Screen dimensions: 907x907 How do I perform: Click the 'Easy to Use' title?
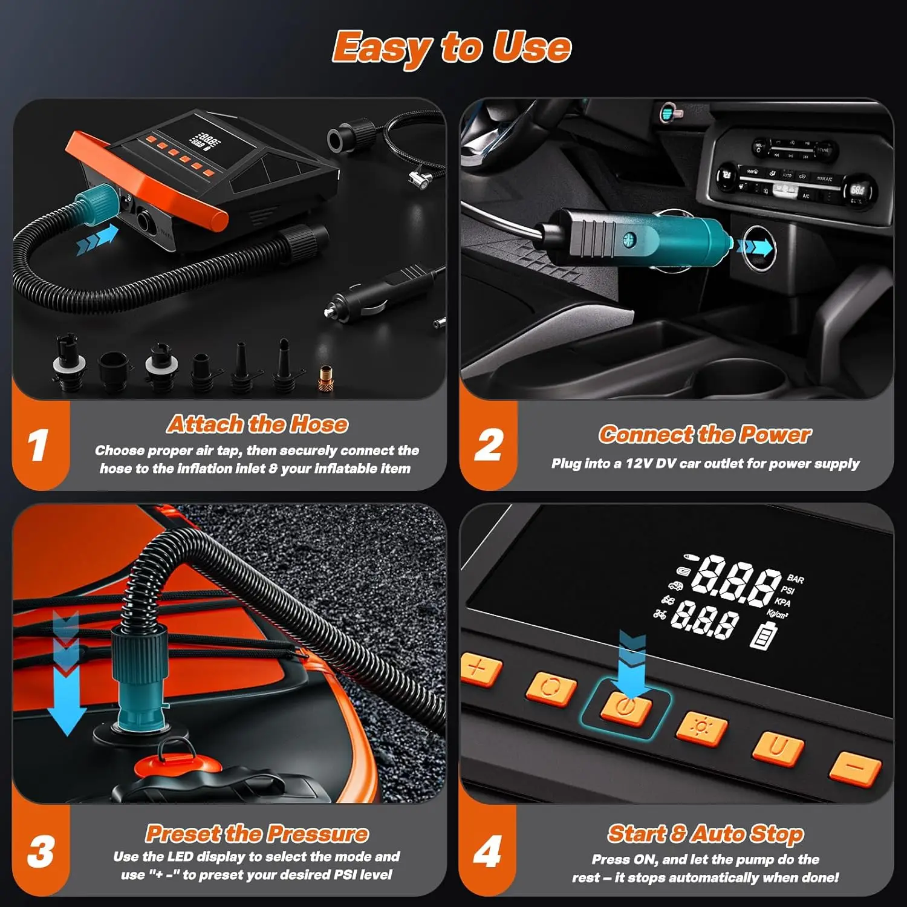coord(452,48)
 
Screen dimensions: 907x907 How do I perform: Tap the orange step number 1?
coord(38,446)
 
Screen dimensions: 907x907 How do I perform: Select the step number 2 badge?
coord(488,446)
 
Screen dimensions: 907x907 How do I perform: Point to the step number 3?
coord(41,851)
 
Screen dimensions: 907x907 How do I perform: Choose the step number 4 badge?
coord(487,851)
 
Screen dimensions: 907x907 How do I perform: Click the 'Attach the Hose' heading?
coord(258,424)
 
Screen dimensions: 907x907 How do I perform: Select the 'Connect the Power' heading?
coord(704,434)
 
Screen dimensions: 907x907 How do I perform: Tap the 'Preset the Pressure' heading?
coord(257,834)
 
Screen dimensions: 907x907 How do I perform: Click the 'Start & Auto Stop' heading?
coord(705,834)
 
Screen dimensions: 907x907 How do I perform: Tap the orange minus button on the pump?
coord(855,767)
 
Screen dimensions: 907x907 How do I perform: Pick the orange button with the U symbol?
coord(778,748)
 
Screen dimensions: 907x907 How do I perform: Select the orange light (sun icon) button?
coord(701,727)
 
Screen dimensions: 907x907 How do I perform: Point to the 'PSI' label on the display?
coord(787,590)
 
